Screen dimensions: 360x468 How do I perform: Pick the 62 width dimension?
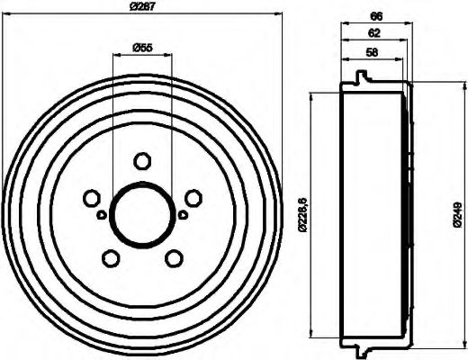373,32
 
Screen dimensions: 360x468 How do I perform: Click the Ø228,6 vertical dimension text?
301,214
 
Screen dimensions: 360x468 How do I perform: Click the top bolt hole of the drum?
141,161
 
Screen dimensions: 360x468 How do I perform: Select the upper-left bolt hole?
90,198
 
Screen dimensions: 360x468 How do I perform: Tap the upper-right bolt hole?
193,198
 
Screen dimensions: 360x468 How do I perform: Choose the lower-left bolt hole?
110,259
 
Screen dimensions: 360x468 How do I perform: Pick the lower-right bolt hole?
173,259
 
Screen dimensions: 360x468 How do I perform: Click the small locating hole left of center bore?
101,213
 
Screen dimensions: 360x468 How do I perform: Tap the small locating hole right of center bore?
182,213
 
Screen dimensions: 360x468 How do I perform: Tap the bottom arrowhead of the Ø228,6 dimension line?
311,331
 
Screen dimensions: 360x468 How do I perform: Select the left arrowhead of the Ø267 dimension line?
5,15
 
